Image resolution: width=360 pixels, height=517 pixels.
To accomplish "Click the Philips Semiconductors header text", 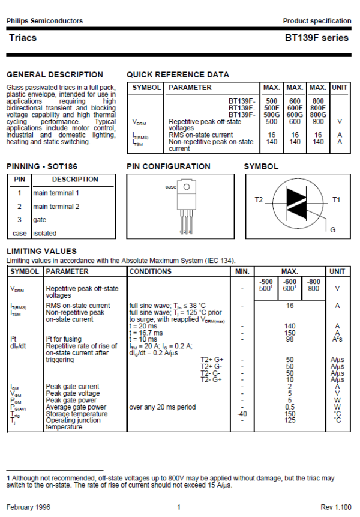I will coord(44,21).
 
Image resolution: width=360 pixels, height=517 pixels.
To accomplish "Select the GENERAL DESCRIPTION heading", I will coord(55,74).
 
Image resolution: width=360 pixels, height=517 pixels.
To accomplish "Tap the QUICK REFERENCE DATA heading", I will coord(178,74).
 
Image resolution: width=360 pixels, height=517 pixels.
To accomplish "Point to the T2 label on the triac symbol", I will coord(259,199).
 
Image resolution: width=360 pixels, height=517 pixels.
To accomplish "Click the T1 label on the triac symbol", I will coord(337,199).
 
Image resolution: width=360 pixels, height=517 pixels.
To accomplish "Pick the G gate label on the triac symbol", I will coord(333,230).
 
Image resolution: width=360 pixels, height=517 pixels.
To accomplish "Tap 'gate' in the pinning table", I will coord(40,220).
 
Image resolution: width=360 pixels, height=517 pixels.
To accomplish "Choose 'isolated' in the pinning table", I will coord(45,233).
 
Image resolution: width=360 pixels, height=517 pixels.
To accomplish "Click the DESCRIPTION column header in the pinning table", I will coord(75,179).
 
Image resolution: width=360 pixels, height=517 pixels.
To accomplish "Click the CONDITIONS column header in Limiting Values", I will coord(150,272).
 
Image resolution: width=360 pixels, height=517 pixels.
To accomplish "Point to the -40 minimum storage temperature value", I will coord(242,414).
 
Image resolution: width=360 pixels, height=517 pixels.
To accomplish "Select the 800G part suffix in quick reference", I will coord(319,114).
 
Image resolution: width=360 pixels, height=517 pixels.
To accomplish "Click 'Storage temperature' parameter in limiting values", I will coord(73,414).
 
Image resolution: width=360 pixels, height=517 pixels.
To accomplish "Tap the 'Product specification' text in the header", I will coord(317,21).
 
